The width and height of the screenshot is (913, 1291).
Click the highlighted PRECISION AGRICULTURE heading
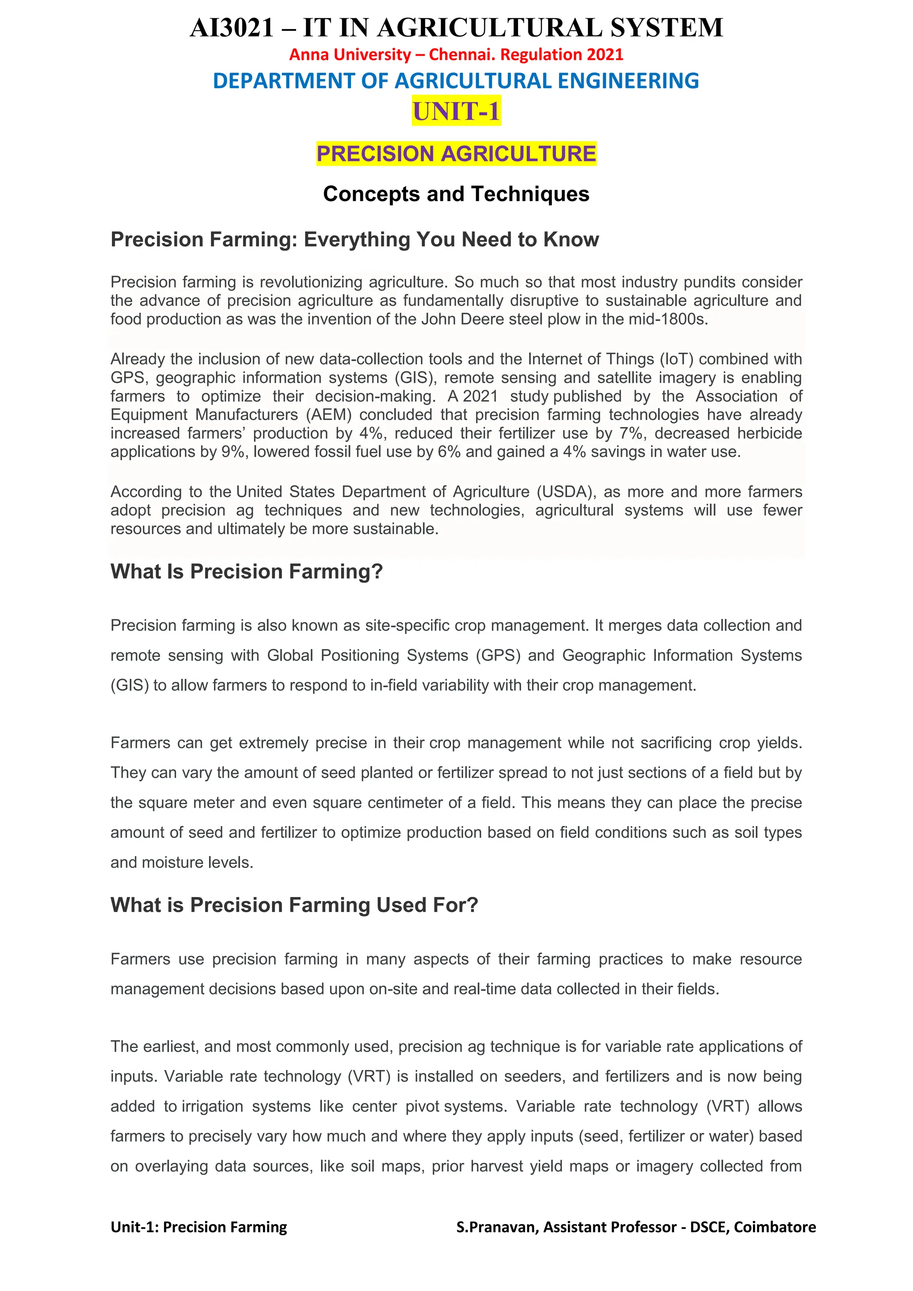point(456,153)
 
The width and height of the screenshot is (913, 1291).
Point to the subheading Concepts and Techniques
point(456,194)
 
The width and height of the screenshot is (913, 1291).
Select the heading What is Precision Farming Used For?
point(294,905)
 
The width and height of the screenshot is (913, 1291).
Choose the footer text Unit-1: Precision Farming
point(198,1227)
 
